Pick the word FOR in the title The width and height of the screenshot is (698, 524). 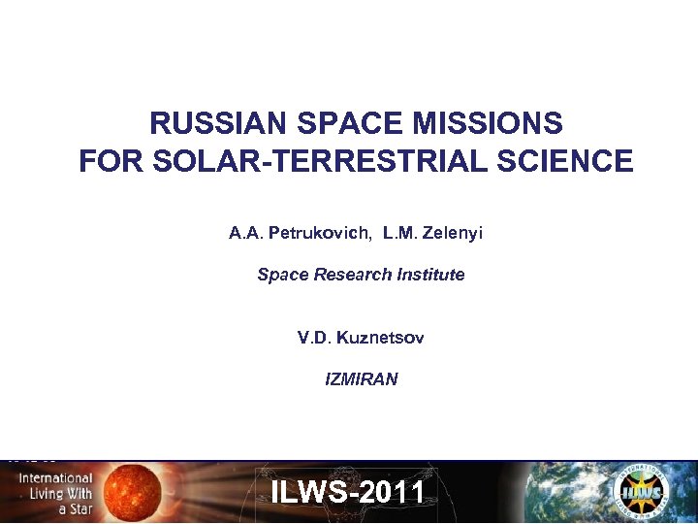pyautogui.click(x=104, y=160)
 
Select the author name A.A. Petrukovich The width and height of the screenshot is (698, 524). pyautogui.click(x=300, y=233)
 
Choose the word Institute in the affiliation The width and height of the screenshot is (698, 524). pyautogui.click(x=430, y=275)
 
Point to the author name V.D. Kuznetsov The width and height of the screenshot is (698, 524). pyautogui.click(x=361, y=338)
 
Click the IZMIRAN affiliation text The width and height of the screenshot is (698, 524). pyautogui.click(x=361, y=379)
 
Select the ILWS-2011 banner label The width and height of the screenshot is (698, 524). pyautogui.click(x=348, y=492)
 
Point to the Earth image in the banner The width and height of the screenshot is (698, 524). pyautogui.click(x=572, y=495)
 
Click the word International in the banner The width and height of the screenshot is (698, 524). pyautogui.click(x=55, y=478)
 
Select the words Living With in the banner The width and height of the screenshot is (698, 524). pyautogui.click(x=55, y=493)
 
